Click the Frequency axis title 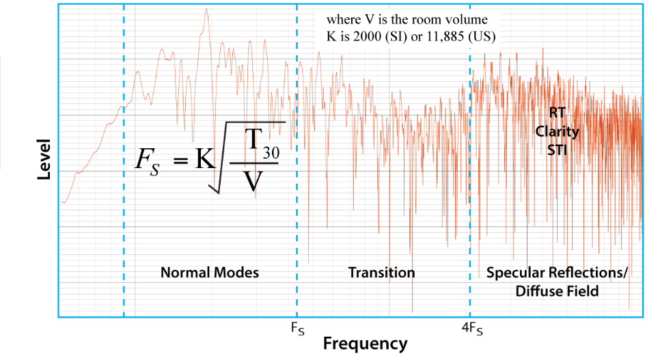pyautogui.click(x=365, y=343)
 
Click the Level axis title pyautogui.click(x=44, y=160)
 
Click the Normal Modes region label pyautogui.click(x=210, y=273)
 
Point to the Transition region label pyautogui.click(x=381, y=273)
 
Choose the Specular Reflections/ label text pyautogui.click(x=557, y=273)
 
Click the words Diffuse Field pyautogui.click(x=557, y=291)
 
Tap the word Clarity pyautogui.click(x=558, y=130)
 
